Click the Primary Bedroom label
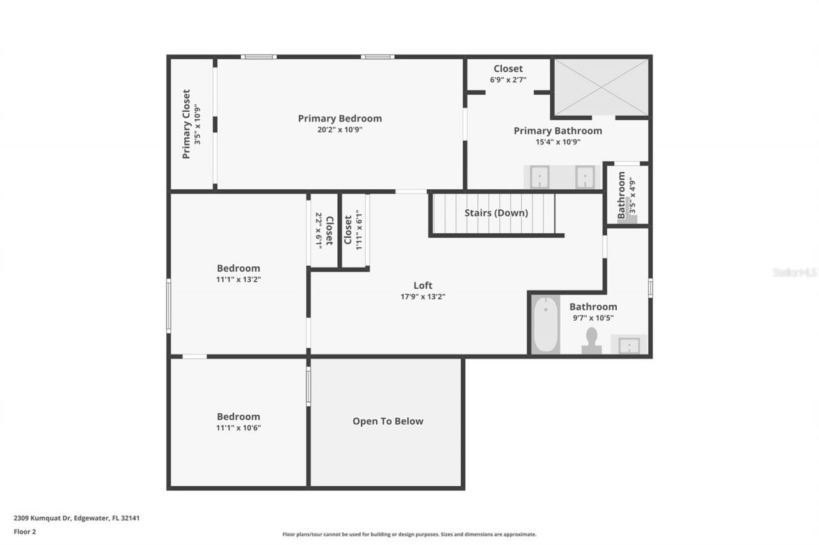tap(340, 118)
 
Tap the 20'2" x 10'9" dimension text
tap(340, 130)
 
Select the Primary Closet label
tap(186, 124)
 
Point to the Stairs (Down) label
tap(496, 213)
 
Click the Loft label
tap(422, 286)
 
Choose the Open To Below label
tap(388, 421)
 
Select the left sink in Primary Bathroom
tap(539, 177)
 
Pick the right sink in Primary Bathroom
tap(585, 177)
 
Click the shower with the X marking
tap(601, 87)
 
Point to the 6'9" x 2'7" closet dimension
tap(508, 80)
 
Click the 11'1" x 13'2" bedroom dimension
tap(238, 279)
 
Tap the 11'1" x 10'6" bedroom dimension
tap(238, 427)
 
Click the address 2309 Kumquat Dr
tap(76, 518)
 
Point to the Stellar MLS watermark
tap(795, 272)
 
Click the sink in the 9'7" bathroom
tap(628, 345)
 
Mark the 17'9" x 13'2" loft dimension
tap(422, 296)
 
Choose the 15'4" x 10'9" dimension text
tap(558, 142)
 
